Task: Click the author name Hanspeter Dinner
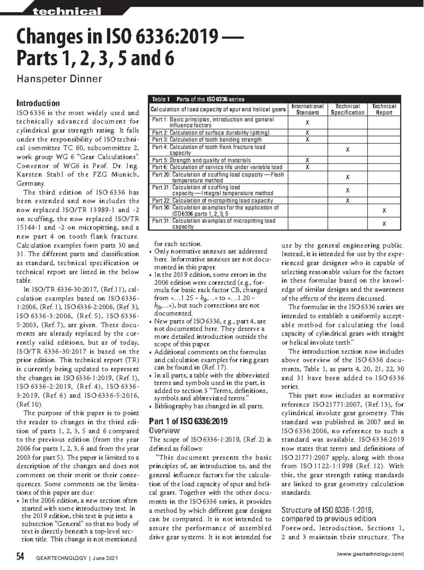point(59,78)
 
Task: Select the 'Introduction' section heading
point(38,103)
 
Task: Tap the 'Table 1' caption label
point(161,99)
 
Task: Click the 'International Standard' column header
point(307,109)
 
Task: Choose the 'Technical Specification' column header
point(347,109)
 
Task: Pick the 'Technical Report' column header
point(384,109)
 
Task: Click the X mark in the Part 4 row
point(348,150)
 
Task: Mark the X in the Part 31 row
point(384,224)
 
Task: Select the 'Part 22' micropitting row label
point(212,200)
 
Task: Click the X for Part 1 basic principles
point(307,123)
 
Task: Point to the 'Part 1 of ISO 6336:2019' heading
point(188,421)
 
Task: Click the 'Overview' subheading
point(164,430)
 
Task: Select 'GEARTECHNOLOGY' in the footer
point(61,558)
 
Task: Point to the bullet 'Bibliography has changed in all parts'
point(208,406)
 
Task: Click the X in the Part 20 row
point(348,177)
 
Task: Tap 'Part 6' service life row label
point(217,167)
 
